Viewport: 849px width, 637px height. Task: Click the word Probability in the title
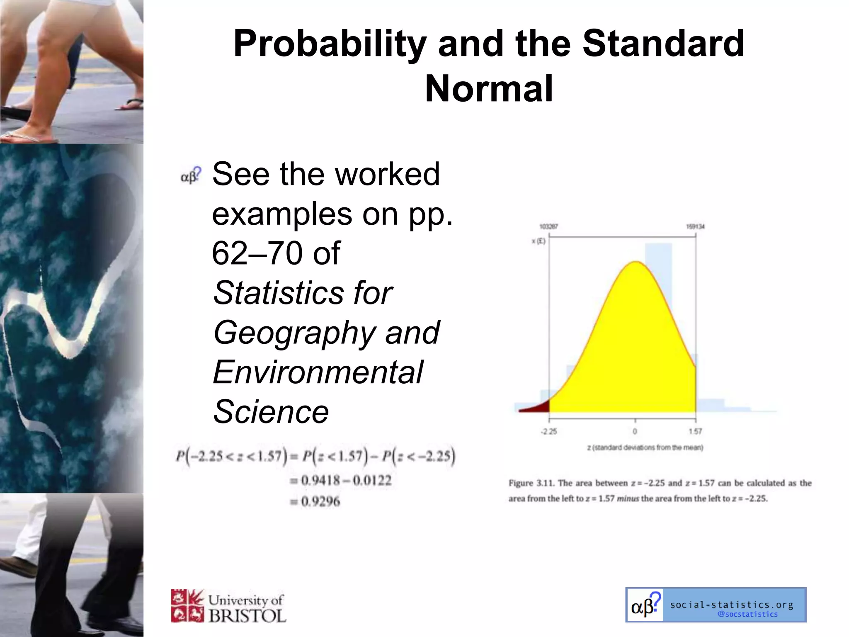[330, 44]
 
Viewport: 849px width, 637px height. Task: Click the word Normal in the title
[489, 89]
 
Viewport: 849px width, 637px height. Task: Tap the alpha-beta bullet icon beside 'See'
[190, 176]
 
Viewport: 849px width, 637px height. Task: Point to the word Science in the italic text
[271, 412]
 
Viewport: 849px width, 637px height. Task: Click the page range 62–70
[256, 253]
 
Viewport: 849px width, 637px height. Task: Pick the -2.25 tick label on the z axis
[548, 432]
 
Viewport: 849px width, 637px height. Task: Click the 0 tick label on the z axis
[635, 432]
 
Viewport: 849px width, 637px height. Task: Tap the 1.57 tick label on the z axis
[695, 432]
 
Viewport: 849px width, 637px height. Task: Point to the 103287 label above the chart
[548, 226]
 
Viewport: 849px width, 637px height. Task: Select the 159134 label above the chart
[695, 226]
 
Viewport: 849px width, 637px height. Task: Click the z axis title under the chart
[645, 447]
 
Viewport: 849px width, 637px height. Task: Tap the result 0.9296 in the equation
[320, 502]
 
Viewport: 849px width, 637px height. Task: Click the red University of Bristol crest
[187, 606]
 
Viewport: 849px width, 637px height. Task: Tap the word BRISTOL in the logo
[247, 616]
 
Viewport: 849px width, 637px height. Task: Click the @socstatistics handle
[747, 614]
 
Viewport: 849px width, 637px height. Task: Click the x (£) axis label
[539, 241]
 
